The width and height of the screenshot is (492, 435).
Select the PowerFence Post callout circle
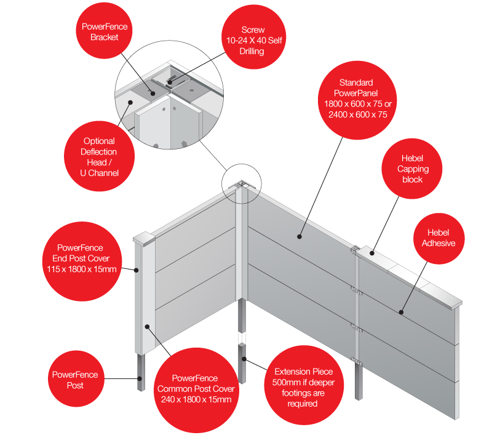pos(74,380)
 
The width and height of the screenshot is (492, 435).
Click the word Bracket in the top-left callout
pos(104,38)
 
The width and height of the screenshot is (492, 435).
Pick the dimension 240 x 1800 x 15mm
pos(194,400)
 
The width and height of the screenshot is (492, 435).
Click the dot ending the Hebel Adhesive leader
pos(401,312)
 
